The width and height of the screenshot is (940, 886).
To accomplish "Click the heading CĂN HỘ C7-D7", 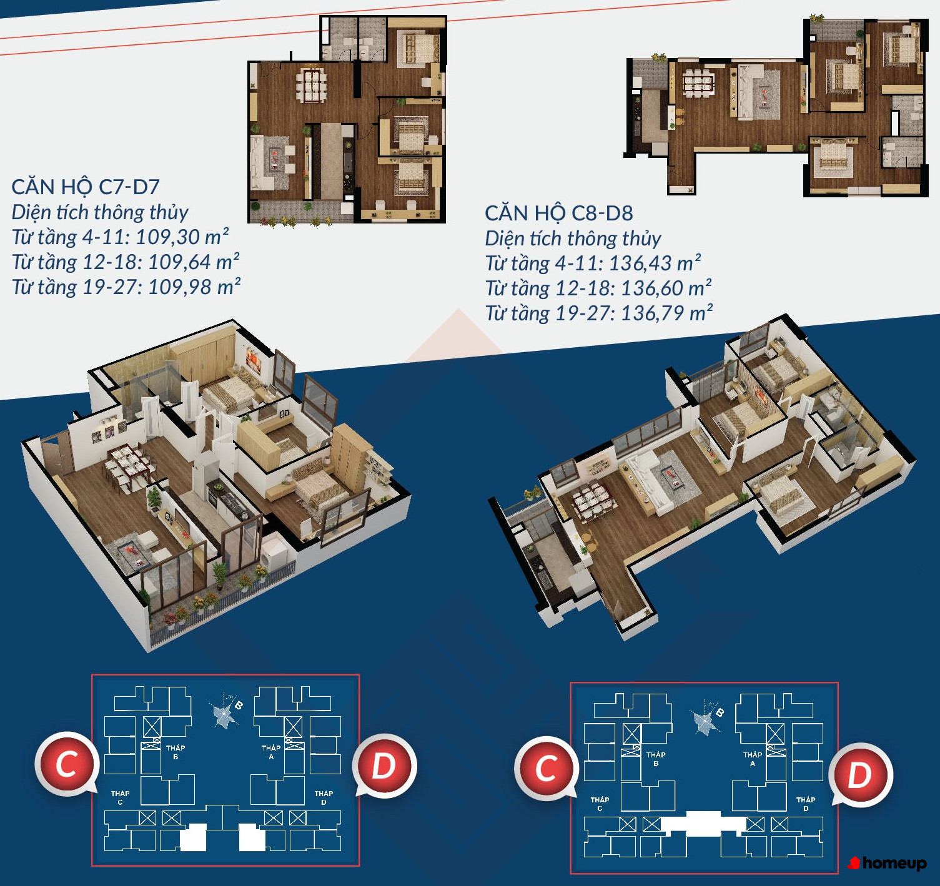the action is tap(86, 187).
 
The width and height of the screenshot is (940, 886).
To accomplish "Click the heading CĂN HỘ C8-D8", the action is tap(559, 213).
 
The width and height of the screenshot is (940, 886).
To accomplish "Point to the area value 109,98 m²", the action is tap(194, 287).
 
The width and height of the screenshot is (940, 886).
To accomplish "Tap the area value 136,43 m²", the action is tap(655, 263).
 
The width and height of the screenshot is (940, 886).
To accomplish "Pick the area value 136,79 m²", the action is tap(667, 313).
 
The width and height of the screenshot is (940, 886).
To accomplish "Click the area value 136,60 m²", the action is tap(666, 288).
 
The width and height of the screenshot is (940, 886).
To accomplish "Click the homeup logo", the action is tap(887, 862).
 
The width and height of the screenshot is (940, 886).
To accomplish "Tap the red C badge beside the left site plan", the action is tap(67, 765).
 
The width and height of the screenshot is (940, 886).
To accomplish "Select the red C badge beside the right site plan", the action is tap(547, 769).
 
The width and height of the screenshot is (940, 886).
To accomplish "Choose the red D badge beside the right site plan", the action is tap(861, 775).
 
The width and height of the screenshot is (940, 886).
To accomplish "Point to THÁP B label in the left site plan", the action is tap(176, 752).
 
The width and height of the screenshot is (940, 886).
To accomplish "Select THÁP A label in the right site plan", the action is tap(753, 759).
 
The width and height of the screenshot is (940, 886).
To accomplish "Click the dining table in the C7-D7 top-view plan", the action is tap(312, 85).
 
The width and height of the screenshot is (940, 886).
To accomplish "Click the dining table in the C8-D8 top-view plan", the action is tap(698, 83).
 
